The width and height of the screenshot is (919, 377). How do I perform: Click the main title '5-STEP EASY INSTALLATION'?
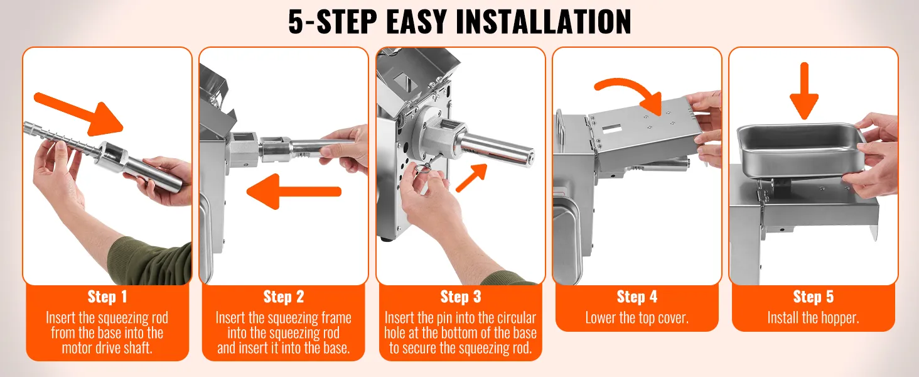tap(459, 22)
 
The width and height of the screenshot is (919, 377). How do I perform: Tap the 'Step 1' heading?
tap(107, 297)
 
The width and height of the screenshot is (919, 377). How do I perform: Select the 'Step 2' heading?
tap(283, 297)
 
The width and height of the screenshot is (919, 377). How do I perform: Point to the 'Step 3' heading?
tap(460, 297)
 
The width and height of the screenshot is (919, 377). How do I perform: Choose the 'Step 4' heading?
tap(637, 297)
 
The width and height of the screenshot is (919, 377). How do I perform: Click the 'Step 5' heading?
tap(813, 297)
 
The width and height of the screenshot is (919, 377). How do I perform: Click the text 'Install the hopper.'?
tap(813, 318)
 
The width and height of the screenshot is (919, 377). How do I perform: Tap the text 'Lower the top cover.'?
tap(637, 318)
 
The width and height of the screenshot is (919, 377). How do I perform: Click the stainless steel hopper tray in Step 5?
tap(800, 151)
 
